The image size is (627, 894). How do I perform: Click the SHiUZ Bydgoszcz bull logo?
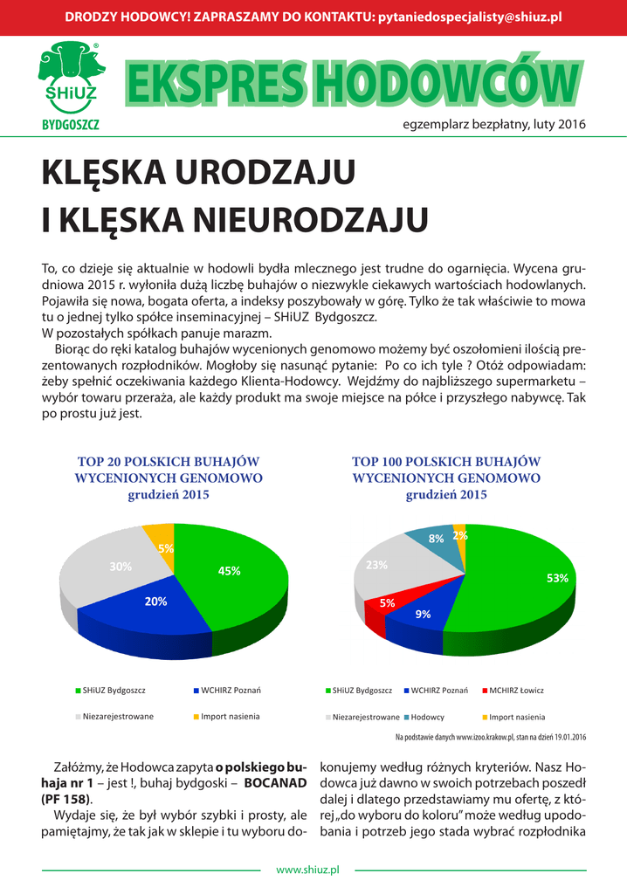(x=70, y=84)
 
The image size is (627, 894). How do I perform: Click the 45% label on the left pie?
(x=229, y=571)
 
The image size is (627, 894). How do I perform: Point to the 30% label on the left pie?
(x=121, y=567)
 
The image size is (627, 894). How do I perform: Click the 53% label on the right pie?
(x=557, y=578)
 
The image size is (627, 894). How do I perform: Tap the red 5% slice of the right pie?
(x=377, y=610)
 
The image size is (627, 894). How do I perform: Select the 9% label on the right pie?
(x=424, y=614)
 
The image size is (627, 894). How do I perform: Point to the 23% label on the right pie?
(x=376, y=565)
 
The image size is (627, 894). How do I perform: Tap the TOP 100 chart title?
(x=446, y=478)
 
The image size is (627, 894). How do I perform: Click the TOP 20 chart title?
(x=169, y=478)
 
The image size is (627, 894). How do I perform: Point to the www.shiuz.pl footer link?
(x=307, y=870)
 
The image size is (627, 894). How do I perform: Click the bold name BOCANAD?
(x=275, y=783)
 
